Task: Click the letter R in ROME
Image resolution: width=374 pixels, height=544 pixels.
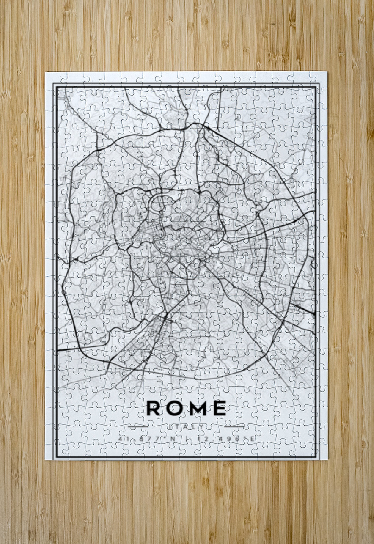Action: coord(153,408)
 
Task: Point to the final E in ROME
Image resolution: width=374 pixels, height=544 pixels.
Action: coord(219,408)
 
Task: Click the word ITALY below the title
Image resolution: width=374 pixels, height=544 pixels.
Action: coord(186,426)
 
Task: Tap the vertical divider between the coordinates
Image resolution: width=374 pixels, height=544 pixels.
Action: coord(187,439)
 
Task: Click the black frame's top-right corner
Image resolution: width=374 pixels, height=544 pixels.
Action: coord(319,85)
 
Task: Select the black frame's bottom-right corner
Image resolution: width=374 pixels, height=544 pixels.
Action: coord(319,457)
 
